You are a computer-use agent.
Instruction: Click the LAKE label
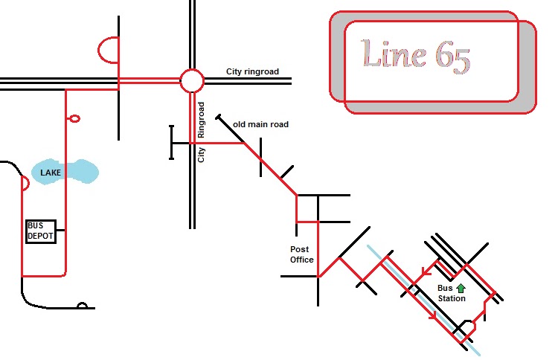coord(51,173)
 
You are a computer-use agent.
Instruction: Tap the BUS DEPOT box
coord(41,231)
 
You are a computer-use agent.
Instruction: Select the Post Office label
coord(302,254)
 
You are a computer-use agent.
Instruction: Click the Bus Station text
coord(452,293)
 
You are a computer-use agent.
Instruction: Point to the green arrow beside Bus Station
coord(461,288)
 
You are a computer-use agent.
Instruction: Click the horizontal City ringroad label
coord(252,71)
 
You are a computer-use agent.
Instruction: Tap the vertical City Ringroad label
coord(201,132)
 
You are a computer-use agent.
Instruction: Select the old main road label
coord(260,124)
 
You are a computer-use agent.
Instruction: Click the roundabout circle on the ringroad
coord(192,69)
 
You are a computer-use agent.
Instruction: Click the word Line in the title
coord(393,54)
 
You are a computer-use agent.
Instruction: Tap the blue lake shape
coord(65,172)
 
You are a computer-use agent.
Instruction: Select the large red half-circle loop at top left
coord(98,50)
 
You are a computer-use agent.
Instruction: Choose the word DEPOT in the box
coord(40,236)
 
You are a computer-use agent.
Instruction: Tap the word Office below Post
coord(302,260)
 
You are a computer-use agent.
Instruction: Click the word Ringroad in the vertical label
coord(201,120)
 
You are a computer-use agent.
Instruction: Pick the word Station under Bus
coord(452,298)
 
